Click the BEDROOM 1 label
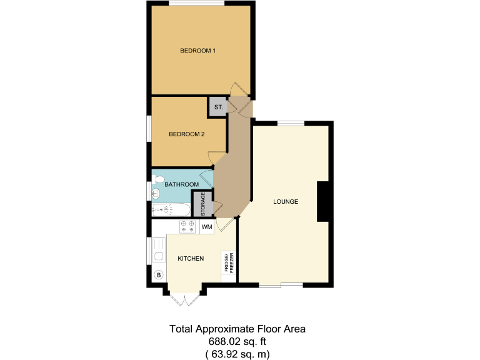(197, 51)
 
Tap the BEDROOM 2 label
(187, 134)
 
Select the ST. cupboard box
(218, 107)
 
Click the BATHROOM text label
(181, 184)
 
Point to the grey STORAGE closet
(202, 203)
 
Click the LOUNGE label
(285, 202)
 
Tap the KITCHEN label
(191, 258)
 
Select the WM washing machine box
(206, 227)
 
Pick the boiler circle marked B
(158, 274)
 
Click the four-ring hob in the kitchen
(187, 227)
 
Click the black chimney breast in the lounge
(323, 201)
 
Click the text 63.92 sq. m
(237, 354)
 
